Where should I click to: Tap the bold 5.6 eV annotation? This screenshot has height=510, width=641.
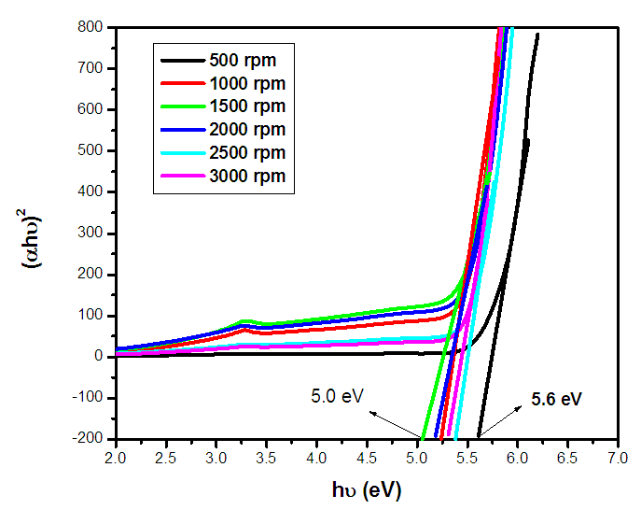point(557,399)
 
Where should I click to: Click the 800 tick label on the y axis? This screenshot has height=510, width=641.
point(91,27)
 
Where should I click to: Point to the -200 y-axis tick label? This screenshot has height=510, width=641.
point(87,439)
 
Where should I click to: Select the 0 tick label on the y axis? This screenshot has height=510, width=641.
point(98,357)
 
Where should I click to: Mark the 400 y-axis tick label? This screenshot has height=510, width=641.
point(91,191)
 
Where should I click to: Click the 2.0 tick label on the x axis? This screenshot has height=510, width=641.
point(116,459)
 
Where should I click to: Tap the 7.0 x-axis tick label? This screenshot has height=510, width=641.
point(617,459)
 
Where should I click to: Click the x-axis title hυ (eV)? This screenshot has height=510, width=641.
point(367,489)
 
